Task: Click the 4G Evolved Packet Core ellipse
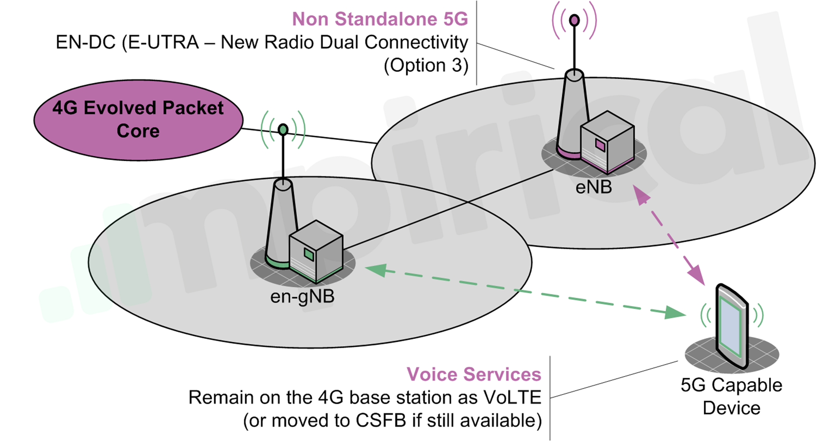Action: click(138, 120)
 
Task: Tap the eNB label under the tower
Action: click(593, 187)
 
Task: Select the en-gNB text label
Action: click(302, 297)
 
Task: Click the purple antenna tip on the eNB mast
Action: click(575, 20)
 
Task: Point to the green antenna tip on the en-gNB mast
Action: click(283, 129)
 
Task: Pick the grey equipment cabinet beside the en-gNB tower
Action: click(316, 251)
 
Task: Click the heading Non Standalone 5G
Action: click(380, 19)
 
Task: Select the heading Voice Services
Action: click(474, 374)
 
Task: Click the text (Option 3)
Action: click(426, 65)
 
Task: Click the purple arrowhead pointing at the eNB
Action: click(640, 194)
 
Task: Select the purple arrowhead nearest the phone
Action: click(697, 276)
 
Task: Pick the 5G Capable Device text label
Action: click(731, 396)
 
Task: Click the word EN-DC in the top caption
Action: click(85, 42)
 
